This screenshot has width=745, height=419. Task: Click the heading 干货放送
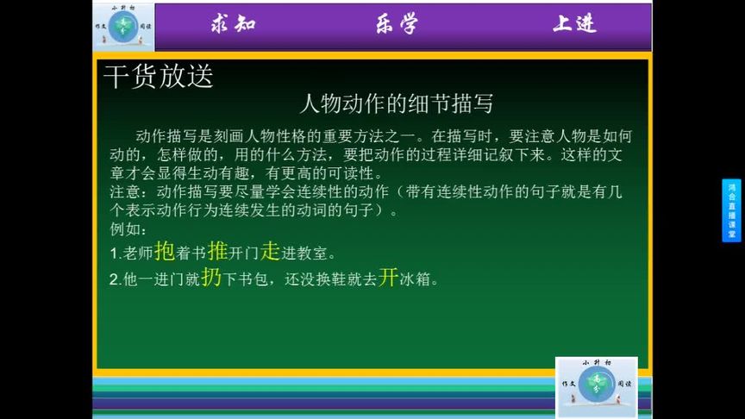coord(158,77)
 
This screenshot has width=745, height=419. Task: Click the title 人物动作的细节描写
coord(396,103)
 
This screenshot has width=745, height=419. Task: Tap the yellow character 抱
coord(164,251)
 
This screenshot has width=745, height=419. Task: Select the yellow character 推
coord(217,251)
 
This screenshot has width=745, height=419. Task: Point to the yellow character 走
coord(271,251)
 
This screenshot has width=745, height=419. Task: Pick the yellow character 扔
coord(212,278)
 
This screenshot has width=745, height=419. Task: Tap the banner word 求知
coord(233,23)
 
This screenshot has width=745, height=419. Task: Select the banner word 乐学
coord(396,23)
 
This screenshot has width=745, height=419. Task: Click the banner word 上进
coord(573,23)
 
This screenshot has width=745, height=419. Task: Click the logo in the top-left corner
coord(123,26)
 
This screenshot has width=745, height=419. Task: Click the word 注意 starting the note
coord(122,192)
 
